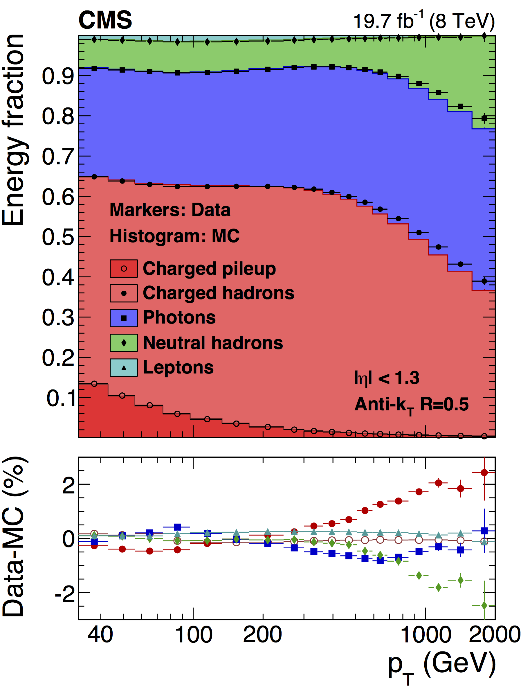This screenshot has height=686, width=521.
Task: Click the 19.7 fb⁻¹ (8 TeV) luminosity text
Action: pos(424,21)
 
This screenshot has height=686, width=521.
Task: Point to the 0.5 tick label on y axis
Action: pos(58,237)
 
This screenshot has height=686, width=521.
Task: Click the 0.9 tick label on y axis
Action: pos(58,76)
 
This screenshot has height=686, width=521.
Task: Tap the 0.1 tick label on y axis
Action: pos(61,398)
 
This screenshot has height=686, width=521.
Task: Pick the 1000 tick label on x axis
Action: pos(426,635)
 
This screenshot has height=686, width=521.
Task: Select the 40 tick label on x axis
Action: pos(100,635)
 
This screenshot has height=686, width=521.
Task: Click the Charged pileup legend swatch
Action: pos(124,269)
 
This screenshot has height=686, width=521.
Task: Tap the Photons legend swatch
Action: pos(124,318)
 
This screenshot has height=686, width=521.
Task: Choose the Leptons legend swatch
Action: pos(124,368)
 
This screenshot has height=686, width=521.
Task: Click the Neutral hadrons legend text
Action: pos(213,343)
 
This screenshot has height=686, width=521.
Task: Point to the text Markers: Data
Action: pos(170,210)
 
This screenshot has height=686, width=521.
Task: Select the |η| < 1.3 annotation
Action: pos(387,378)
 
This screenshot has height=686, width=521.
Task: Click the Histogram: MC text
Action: pos(174,236)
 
